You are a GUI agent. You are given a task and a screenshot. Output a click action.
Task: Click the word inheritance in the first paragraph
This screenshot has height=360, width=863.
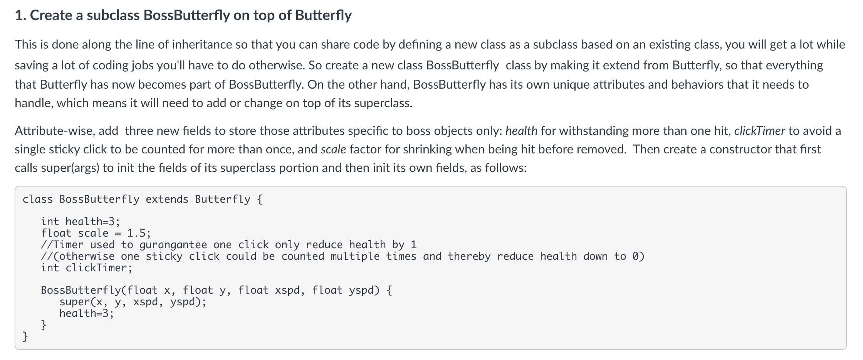(x=202, y=45)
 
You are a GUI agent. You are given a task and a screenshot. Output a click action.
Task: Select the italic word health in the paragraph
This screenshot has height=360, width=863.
(x=521, y=131)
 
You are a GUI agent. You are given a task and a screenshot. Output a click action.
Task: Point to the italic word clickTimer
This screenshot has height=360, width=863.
(x=759, y=131)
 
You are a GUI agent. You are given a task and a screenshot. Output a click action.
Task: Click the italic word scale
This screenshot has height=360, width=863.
(x=333, y=150)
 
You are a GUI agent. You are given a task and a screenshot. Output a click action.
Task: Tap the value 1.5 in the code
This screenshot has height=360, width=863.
(x=136, y=233)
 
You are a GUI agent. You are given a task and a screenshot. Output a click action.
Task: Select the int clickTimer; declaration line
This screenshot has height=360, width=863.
(x=87, y=268)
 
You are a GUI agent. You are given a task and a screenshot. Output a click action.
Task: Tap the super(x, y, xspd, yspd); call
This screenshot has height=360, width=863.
(x=133, y=302)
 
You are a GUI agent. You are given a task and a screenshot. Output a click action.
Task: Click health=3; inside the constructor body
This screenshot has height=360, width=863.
(x=87, y=313)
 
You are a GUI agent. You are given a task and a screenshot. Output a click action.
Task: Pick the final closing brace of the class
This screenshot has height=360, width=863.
(x=25, y=336)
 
